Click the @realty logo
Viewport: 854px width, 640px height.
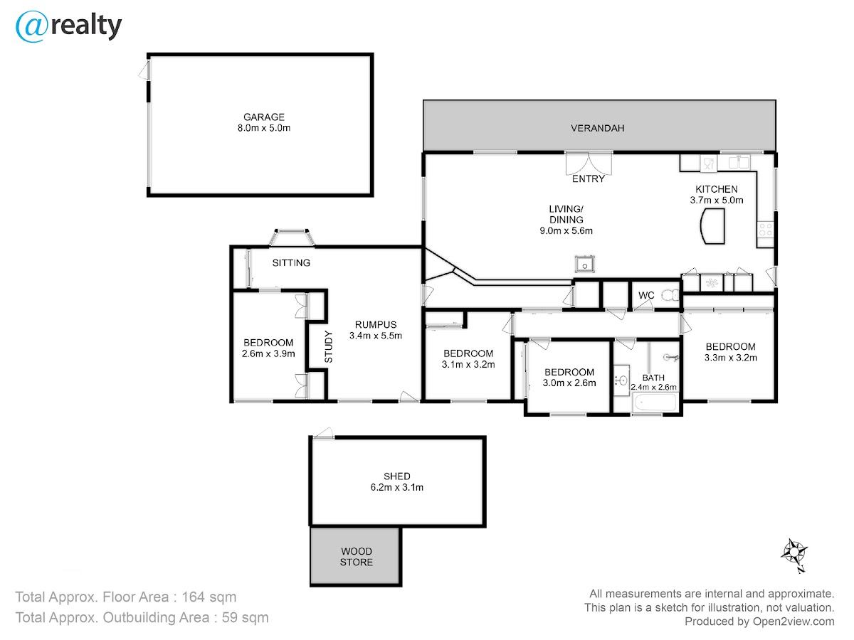click(x=68, y=26)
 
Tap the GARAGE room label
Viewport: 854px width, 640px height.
click(x=264, y=117)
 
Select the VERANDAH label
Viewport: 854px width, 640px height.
click(x=597, y=128)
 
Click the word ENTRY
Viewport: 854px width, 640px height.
click(x=589, y=178)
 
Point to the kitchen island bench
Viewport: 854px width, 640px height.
click(x=712, y=225)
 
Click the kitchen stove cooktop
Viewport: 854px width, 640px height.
click(x=765, y=229)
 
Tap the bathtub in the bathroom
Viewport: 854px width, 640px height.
click(x=655, y=402)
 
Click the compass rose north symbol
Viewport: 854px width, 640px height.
click(x=794, y=555)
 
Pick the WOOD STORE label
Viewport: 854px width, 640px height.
click(x=356, y=557)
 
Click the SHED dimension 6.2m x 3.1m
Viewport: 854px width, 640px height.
click(x=397, y=487)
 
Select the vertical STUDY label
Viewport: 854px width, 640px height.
click(x=329, y=346)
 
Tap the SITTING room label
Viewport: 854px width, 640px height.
click(x=291, y=263)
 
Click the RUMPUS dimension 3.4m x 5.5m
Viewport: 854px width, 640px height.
click(x=376, y=336)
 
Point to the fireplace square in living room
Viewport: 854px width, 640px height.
click(x=585, y=265)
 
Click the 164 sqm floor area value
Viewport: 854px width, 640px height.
click(x=209, y=597)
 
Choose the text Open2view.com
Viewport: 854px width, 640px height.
click(x=794, y=622)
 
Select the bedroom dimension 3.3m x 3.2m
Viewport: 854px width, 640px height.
click(x=731, y=358)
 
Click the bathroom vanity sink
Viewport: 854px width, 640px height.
click(x=622, y=380)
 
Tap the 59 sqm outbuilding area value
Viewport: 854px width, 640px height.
click(x=245, y=617)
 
